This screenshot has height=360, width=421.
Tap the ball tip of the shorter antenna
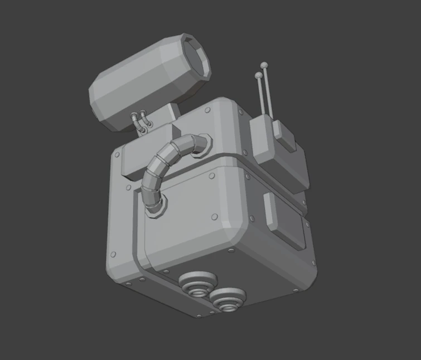coord(258,75)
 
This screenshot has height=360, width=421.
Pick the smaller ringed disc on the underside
coord(226,299)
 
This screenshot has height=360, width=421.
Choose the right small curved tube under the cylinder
coord(145,120)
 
